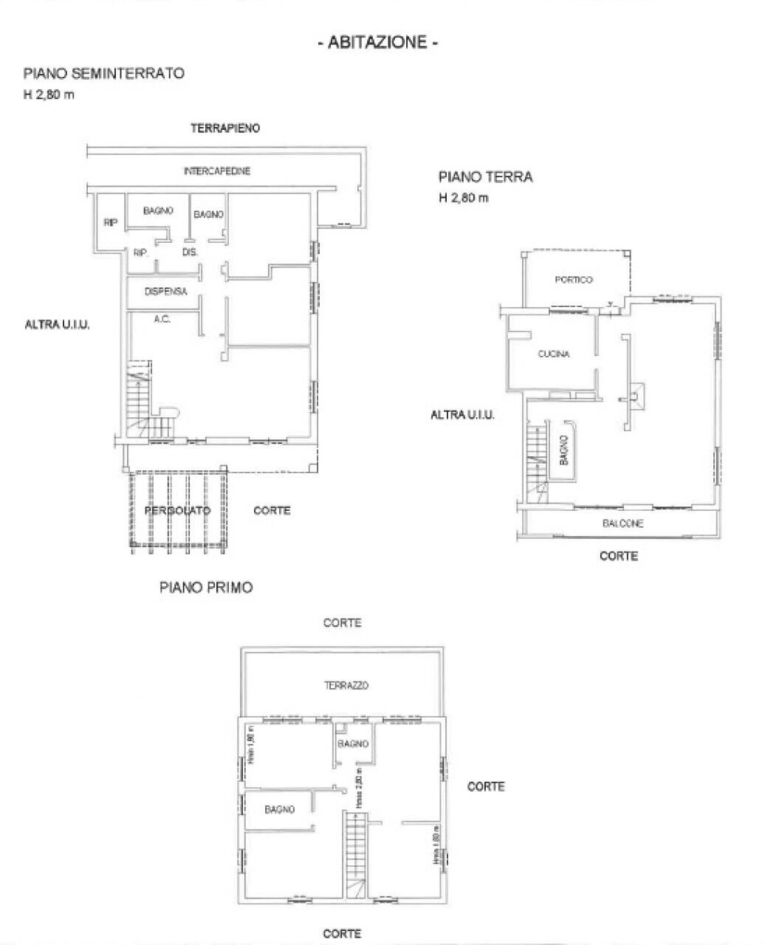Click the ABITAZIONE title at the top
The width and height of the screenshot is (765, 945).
pos(378,43)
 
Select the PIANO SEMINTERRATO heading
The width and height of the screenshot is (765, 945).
pos(103,73)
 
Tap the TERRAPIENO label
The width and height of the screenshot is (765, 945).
pos(224,128)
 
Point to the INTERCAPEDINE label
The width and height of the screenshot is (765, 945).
pos(216,171)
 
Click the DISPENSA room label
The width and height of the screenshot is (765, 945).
pos(166,292)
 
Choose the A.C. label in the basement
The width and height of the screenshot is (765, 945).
pos(162,320)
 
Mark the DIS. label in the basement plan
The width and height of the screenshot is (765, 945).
pos(191,252)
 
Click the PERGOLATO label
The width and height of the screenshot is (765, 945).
pos(177,510)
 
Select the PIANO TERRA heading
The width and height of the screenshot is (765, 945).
pos(485,177)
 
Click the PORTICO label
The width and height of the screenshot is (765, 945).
pos(574,280)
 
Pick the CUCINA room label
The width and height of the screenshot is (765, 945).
pos(553,354)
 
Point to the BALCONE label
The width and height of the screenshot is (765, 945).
pos(622,523)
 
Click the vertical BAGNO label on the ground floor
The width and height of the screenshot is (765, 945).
pos(563,452)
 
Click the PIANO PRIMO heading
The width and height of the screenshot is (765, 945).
pos(206,588)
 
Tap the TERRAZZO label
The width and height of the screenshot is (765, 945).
pos(346,686)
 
